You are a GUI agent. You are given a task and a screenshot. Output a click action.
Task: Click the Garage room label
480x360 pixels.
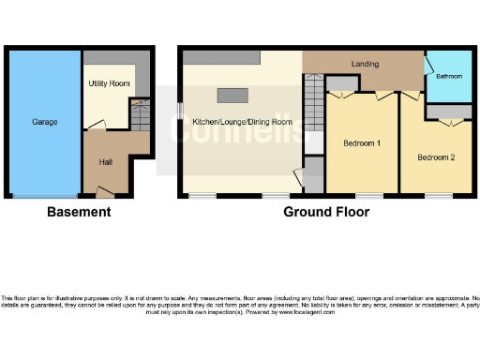[x=44, y=123]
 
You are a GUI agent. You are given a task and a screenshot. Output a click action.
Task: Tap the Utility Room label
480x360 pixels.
[x=109, y=83]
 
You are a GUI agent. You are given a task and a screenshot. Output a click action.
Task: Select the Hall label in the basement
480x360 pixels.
[x=107, y=161]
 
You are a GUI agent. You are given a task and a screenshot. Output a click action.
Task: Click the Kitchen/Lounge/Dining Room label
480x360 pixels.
[x=243, y=122]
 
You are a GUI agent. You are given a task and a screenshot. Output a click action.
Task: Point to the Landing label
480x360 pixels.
[x=365, y=63]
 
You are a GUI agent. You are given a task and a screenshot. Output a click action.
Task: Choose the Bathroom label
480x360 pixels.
[x=449, y=76]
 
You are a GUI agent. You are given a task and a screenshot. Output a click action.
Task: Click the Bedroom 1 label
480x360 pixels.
[x=361, y=142]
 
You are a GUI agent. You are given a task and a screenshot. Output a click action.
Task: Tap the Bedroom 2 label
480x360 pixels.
[x=436, y=157]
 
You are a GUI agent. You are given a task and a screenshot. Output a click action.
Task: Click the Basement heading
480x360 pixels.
[x=79, y=212]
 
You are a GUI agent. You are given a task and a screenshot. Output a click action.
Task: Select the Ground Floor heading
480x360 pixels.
[x=326, y=212]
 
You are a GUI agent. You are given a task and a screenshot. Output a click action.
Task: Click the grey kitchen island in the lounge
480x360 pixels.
[x=232, y=94]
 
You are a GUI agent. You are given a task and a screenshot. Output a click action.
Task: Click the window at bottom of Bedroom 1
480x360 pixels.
[x=362, y=195]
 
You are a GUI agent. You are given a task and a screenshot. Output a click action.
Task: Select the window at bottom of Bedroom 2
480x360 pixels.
[x=437, y=195]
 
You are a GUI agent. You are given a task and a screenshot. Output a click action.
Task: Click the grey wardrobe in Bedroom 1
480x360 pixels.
[x=341, y=85]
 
